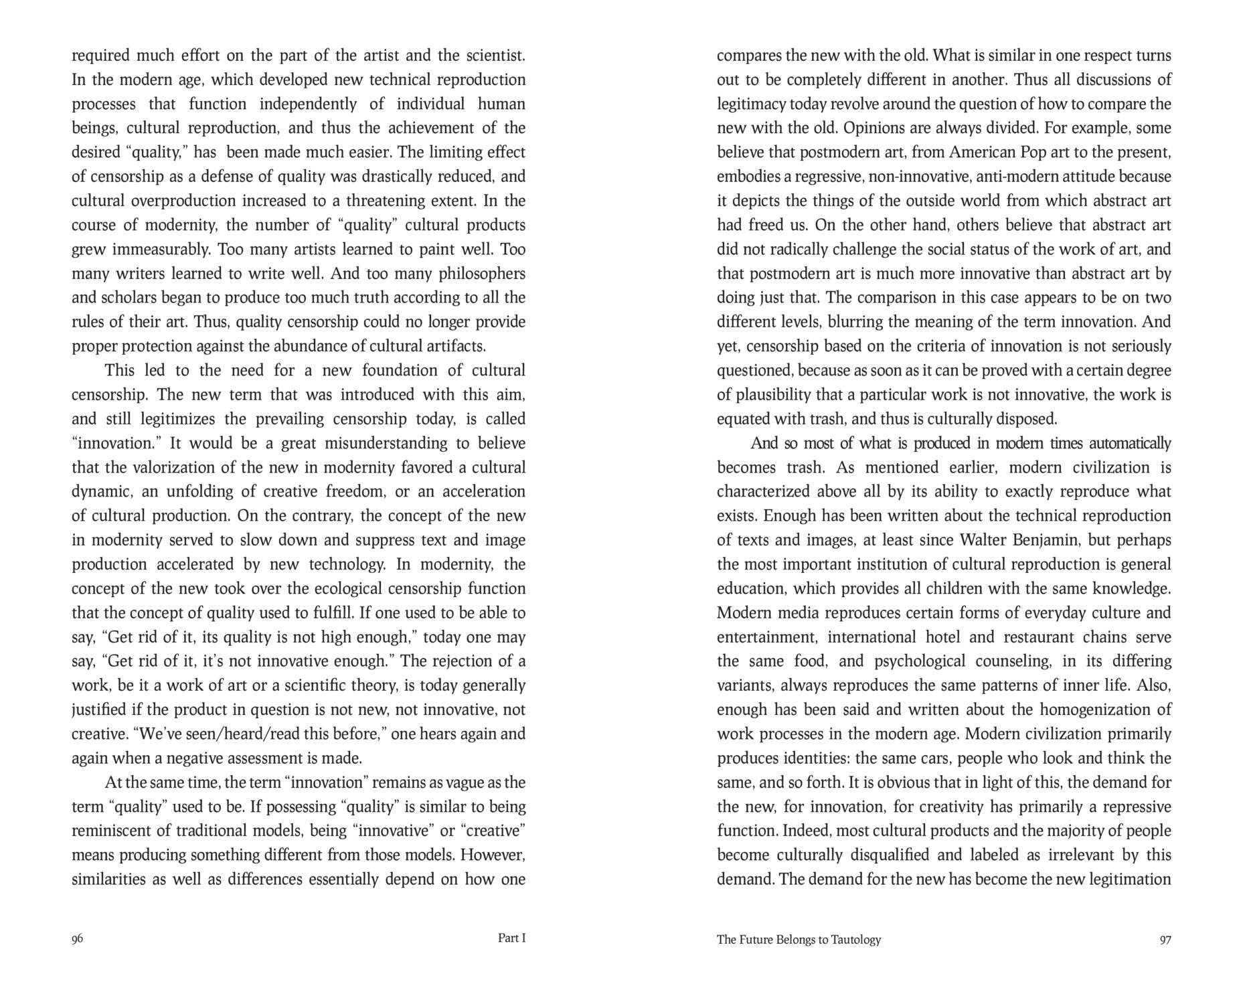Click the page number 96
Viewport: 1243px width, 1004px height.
coord(78,938)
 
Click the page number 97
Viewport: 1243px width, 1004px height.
coord(1165,939)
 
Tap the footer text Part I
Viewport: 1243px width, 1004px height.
coord(511,938)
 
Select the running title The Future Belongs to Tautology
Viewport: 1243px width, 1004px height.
coord(799,939)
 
